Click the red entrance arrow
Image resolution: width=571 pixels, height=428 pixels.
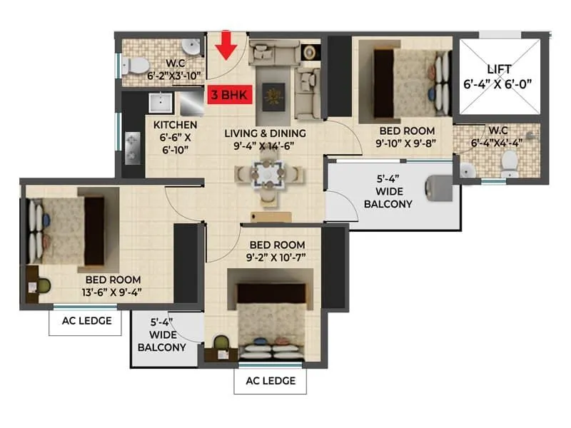tap(227, 46)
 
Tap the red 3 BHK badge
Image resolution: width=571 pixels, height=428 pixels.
tap(227, 93)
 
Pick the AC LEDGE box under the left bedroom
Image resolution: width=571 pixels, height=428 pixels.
tap(84, 321)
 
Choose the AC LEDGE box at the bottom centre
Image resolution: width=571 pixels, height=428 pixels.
tap(270, 380)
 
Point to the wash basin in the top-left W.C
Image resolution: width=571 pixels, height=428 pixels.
tap(191, 47)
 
